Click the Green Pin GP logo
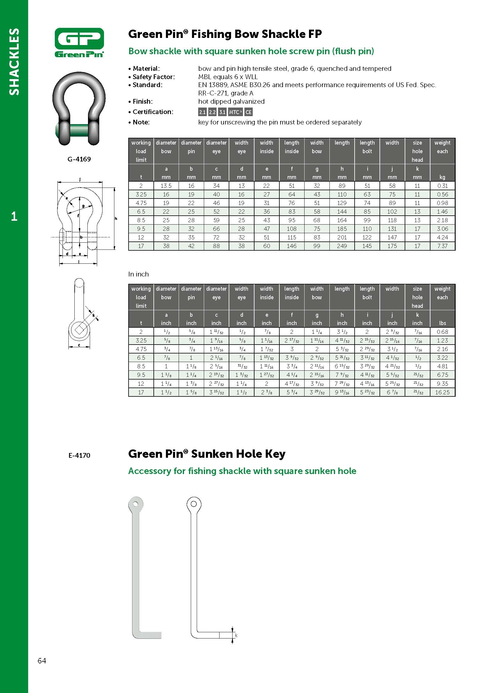[79, 42]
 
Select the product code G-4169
[79, 159]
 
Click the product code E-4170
[79, 455]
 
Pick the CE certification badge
[248, 112]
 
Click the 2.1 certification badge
[202, 112]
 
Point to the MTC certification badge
[235, 112]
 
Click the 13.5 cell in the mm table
[166, 186]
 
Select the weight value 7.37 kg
[442, 246]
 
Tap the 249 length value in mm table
[342, 246]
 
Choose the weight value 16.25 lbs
[442, 392]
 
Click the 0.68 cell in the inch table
[442, 332]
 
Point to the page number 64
[42, 661]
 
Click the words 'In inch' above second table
[138, 274]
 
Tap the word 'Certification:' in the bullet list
[153, 112]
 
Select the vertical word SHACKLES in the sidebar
[14, 62]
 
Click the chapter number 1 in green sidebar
[14, 216]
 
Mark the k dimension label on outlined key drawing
[236, 635]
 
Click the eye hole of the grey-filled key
[135, 504]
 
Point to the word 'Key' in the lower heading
[275, 454]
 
